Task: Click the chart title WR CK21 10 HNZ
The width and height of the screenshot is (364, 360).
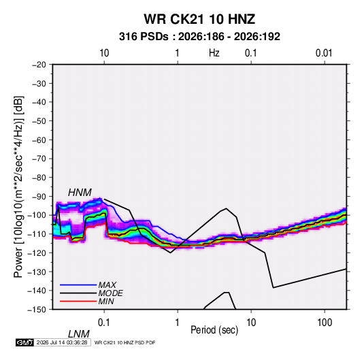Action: point(199,19)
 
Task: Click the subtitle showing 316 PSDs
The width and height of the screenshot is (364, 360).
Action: point(199,37)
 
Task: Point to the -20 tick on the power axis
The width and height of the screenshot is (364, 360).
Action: point(39,65)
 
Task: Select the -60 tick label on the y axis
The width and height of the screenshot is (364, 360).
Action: point(39,140)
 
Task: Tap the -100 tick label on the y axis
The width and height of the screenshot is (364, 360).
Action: point(37,215)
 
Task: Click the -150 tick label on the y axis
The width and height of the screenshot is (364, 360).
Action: point(37,310)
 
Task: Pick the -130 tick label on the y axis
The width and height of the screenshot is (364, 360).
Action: point(37,272)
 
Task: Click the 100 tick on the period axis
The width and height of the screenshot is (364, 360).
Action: point(325,323)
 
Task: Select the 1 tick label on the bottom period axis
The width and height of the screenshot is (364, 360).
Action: point(177,323)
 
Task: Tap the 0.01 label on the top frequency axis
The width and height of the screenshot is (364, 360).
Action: point(324,53)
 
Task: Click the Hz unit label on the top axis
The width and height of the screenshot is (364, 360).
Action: point(214,53)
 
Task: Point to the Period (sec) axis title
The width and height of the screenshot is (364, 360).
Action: point(214,330)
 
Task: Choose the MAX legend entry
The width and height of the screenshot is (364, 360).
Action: point(107,284)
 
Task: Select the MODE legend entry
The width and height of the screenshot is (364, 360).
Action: point(110,293)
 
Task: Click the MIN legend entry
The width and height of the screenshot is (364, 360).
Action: point(106,301)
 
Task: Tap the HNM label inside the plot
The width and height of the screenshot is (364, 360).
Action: point(80,193)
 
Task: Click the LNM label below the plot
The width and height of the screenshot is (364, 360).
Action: point(79,334)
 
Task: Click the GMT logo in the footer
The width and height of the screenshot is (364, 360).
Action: point(25,342)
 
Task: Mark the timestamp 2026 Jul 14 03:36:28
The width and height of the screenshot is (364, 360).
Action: point(62,342)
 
